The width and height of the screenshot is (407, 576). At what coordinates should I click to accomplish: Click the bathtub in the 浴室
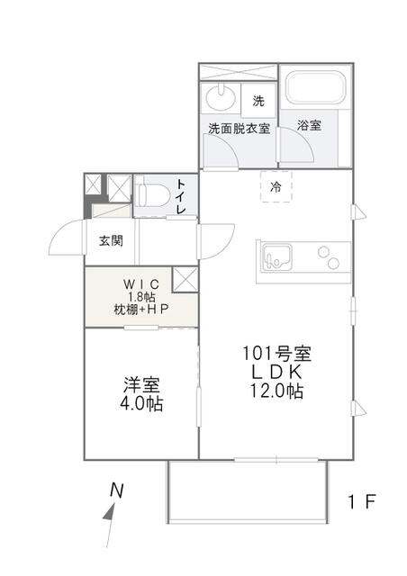316,87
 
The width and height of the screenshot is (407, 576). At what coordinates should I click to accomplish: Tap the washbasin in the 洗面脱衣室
221,97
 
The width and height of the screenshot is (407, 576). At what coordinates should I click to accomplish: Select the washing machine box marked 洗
258,100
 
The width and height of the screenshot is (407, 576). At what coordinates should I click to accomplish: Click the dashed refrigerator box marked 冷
276,186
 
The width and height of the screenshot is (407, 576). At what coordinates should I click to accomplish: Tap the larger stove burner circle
333,263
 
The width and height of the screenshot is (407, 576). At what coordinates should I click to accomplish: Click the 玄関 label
111,241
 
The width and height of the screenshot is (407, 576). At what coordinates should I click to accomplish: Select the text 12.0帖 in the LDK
277,391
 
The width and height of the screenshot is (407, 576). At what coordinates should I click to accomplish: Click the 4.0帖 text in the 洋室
141,404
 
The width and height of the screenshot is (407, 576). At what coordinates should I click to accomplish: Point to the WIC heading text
141,284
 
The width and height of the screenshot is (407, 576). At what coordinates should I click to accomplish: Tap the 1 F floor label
362,502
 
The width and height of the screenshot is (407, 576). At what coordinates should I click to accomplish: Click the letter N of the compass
117,490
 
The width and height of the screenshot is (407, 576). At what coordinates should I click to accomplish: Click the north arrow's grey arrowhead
110,512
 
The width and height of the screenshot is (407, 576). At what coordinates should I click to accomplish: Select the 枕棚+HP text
141,310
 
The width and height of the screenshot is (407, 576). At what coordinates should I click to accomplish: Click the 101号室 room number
276,354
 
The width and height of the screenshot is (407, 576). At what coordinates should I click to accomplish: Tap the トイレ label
181,196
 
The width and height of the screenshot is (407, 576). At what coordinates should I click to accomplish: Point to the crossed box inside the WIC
185,280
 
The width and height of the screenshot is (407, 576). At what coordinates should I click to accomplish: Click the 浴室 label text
309,125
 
